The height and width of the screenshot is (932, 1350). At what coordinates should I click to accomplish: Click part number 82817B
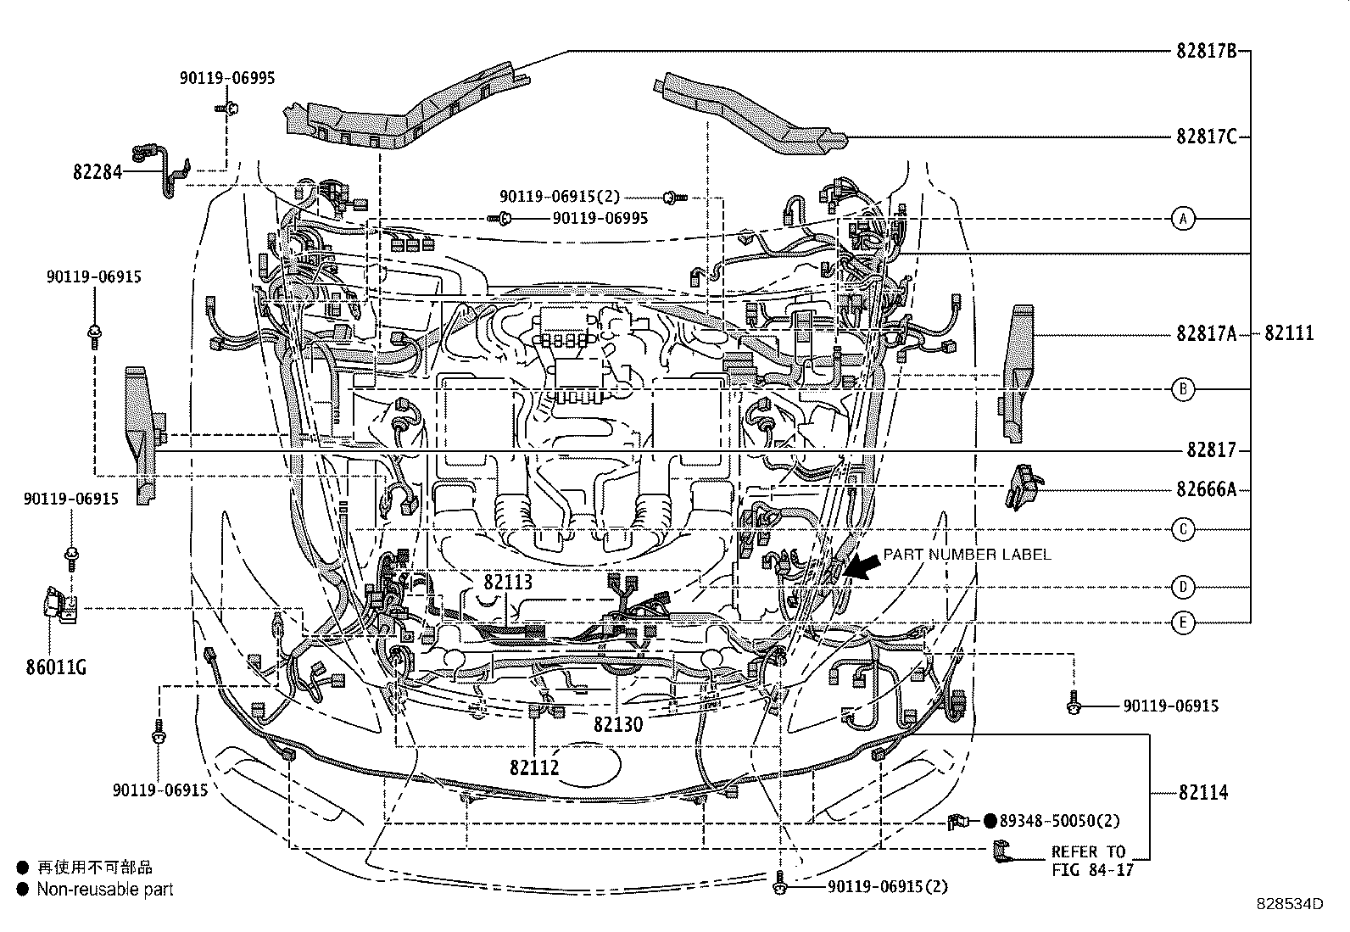(x=1205, y=50)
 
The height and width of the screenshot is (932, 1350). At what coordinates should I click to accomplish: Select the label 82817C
(x=1205, y=136)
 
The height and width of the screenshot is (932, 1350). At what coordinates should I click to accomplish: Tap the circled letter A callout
(x=1183, y=219)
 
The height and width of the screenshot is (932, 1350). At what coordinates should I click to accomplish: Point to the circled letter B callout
(x=1183, y=389)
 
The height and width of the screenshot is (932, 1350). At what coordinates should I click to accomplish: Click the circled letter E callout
(x=1183, y=622)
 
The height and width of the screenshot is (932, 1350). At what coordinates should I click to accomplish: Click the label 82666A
(x=1205, y=489)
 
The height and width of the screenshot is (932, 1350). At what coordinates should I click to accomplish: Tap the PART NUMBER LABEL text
(x=967, y=555)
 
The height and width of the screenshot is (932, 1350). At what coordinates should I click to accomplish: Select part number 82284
(x=97, y=172)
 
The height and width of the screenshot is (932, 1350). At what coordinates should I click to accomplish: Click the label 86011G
(x=56, y=667)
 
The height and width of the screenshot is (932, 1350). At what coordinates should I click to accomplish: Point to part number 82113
(x=508, y=583)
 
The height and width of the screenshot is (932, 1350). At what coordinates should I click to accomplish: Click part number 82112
(x=534, y=767)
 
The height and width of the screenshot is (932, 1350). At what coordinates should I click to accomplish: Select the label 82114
(x=1202, y=793)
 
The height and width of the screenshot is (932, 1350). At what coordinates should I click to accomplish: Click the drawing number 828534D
(x=1290, y=904)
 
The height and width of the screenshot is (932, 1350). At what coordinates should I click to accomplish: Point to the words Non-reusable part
(x=104, y=890)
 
